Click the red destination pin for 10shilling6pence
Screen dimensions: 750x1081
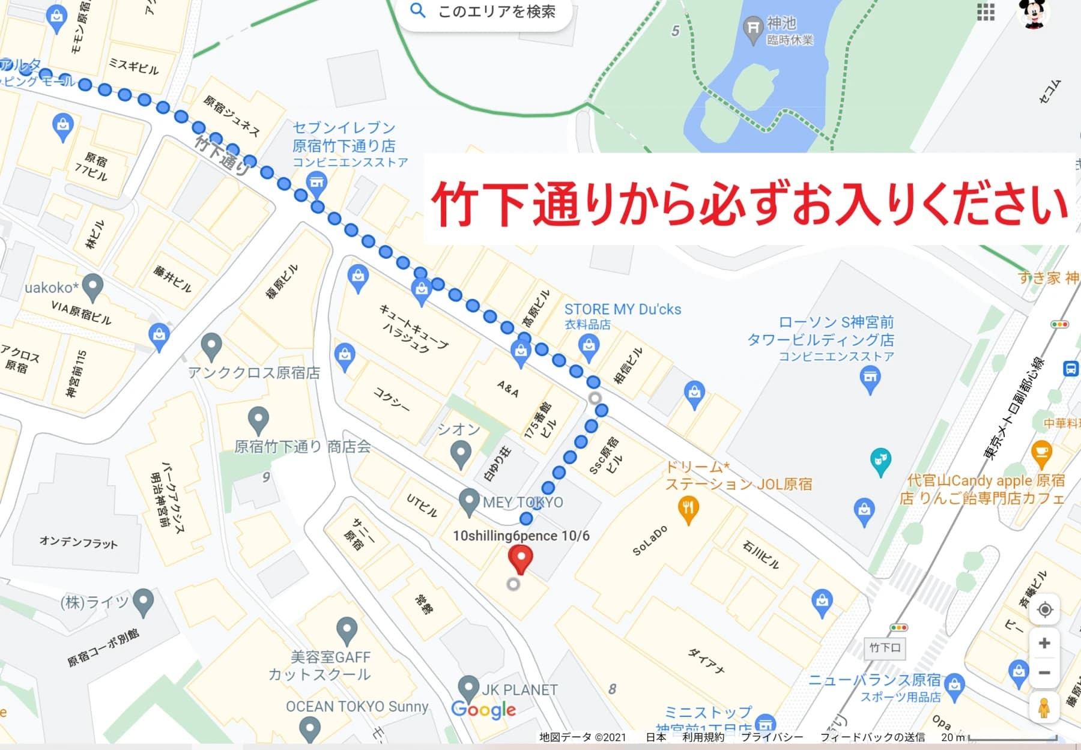521,557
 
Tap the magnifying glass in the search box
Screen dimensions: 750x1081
417,10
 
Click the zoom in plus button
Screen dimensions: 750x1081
1044,643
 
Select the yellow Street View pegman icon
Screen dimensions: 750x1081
1044,707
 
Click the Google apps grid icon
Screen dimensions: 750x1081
986,11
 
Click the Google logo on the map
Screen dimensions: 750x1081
483,710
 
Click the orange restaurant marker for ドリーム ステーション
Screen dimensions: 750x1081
688,509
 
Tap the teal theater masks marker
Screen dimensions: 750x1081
880,461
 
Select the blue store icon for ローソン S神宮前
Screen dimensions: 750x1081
870,378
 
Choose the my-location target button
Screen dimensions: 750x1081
1045,610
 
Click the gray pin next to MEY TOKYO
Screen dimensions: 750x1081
468,500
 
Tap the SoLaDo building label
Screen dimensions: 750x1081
650,540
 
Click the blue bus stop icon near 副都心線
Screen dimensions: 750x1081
1071,368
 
